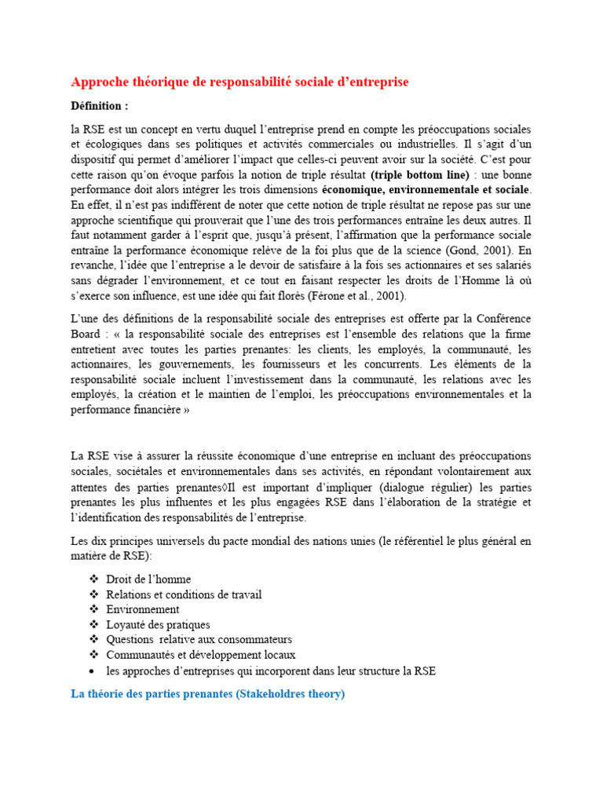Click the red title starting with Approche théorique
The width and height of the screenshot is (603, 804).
point(239,82)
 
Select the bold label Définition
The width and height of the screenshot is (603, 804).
point(99,105)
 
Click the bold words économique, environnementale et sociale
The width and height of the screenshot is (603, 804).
point(426,189)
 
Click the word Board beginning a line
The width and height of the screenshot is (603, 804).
point(87,333)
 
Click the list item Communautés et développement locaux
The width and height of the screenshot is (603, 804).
point(200,655)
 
